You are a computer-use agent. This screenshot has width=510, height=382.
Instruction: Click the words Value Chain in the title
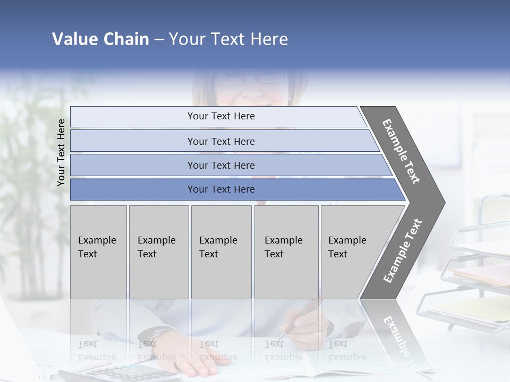pos(100,39)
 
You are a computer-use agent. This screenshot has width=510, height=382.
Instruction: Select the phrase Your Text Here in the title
pos(228,39)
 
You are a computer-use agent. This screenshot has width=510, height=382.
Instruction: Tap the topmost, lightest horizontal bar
pos(218,116)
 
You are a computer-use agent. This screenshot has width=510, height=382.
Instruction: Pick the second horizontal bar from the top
pos(223,141)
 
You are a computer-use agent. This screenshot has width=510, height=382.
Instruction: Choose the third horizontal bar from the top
pos(228,165)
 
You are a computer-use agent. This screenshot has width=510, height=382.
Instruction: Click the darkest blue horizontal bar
pos(234,189)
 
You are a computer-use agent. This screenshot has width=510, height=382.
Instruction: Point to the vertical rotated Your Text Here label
pos(61,153)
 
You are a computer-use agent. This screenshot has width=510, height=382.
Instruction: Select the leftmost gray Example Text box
pos(98,252)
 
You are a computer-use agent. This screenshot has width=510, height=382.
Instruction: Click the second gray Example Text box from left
pos(159,252)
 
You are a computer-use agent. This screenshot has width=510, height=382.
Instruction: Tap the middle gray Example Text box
pos(221,252)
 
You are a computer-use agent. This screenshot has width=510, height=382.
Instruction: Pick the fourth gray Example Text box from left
pos(286,252)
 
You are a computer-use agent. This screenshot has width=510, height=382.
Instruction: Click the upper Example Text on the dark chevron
pos(401,151)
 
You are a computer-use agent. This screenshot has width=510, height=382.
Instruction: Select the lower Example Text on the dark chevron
pos(402,250)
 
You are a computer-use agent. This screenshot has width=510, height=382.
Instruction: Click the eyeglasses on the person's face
pos(250,79)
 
